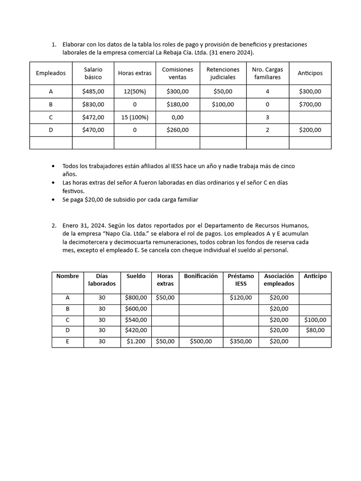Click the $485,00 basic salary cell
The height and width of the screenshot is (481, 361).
pyautogui.click(x=93, y=92)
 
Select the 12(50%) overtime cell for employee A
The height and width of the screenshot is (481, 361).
pyautogui.click(x=134, y=92)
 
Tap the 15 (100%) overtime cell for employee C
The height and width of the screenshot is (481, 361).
pyautogui.click(x=134, y=117)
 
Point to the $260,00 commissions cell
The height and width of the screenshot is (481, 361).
pyautogui.click(x=177, y=130)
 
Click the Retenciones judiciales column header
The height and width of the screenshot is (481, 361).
pyautogui.click(x=223, y=73)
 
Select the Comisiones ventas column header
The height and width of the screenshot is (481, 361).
pyautogui.click(x=177, y=73)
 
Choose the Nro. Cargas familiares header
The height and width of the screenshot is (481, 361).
pyautogui.click(x=267, y=73)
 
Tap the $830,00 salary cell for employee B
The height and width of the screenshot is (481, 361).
pyautogui.click(x=93, y=104)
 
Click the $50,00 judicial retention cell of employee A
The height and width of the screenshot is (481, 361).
pyautogui.click(x=223, y=92)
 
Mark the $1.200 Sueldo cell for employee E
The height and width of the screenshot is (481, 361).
pyautogui.click(x=136, y=342)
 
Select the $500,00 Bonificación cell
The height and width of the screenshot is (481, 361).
pyautogui.click(x=201, y=342)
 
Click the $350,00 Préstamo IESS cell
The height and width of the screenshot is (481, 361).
pyautogui.click(x=241, y=342)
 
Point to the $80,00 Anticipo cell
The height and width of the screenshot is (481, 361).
pyautogui.click(x=315, y=331)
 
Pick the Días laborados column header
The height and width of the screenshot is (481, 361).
pyautogui.click(x=102, y=280)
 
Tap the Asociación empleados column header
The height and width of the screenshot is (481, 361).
pyautogui.click(x=279, y=280)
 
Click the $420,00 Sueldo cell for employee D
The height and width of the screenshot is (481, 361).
pyautogui.click(x=136, y=331)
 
